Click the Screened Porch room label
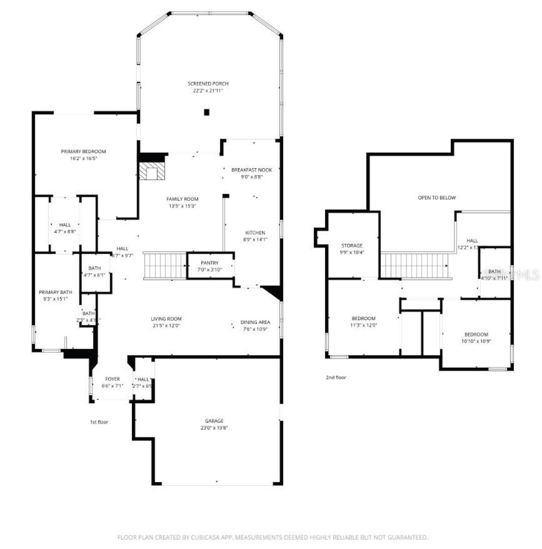click(208, 84)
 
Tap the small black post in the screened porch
click(207, 112)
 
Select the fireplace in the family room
click(151, 172)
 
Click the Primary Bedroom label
click(83, 152)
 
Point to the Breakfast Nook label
click(252, 170)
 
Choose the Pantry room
click(210, 266)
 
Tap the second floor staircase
click(415, 266)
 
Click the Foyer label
click(112, 379)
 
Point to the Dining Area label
click(255, 322)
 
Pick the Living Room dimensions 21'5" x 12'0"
click(166, 326)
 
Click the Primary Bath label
click(55, 292)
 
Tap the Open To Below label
click(437, 198)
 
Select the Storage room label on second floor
click(352, 246)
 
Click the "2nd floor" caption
click(336, 377)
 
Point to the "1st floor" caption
click(99, 422)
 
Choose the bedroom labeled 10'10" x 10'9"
click(476, 338)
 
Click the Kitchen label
click(255, 233)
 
